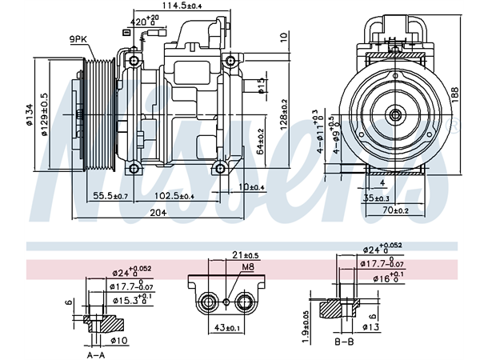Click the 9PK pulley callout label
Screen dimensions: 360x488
[x=78, y=39]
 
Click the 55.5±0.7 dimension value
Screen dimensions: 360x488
[x=110, y=195]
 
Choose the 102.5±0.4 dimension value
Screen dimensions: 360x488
[x=174, y=195]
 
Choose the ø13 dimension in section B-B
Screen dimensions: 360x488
[x=370, y=326]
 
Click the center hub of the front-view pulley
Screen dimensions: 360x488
[x=394, y=115]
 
